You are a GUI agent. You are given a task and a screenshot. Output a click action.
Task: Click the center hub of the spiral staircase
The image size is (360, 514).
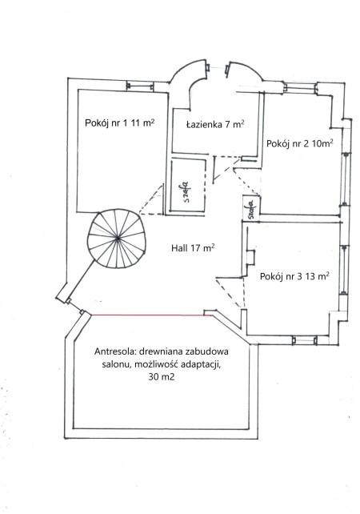click(x=118, y=238)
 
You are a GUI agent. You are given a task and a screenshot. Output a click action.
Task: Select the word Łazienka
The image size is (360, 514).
click(x=203, y=125)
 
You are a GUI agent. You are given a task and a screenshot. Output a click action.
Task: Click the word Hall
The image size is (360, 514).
click(x=180, y=249)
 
